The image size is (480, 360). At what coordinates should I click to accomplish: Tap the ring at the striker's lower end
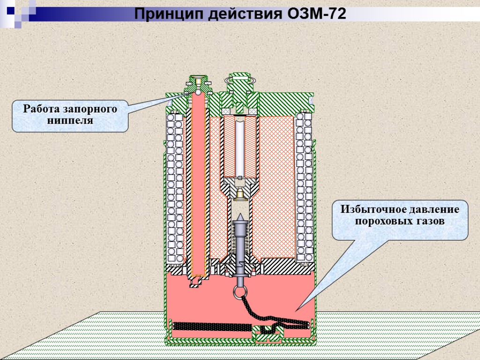(x=240, y=292)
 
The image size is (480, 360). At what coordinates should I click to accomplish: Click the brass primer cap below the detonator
(x=240, y=193)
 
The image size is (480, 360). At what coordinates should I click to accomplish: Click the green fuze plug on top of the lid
(x=239, y=84)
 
